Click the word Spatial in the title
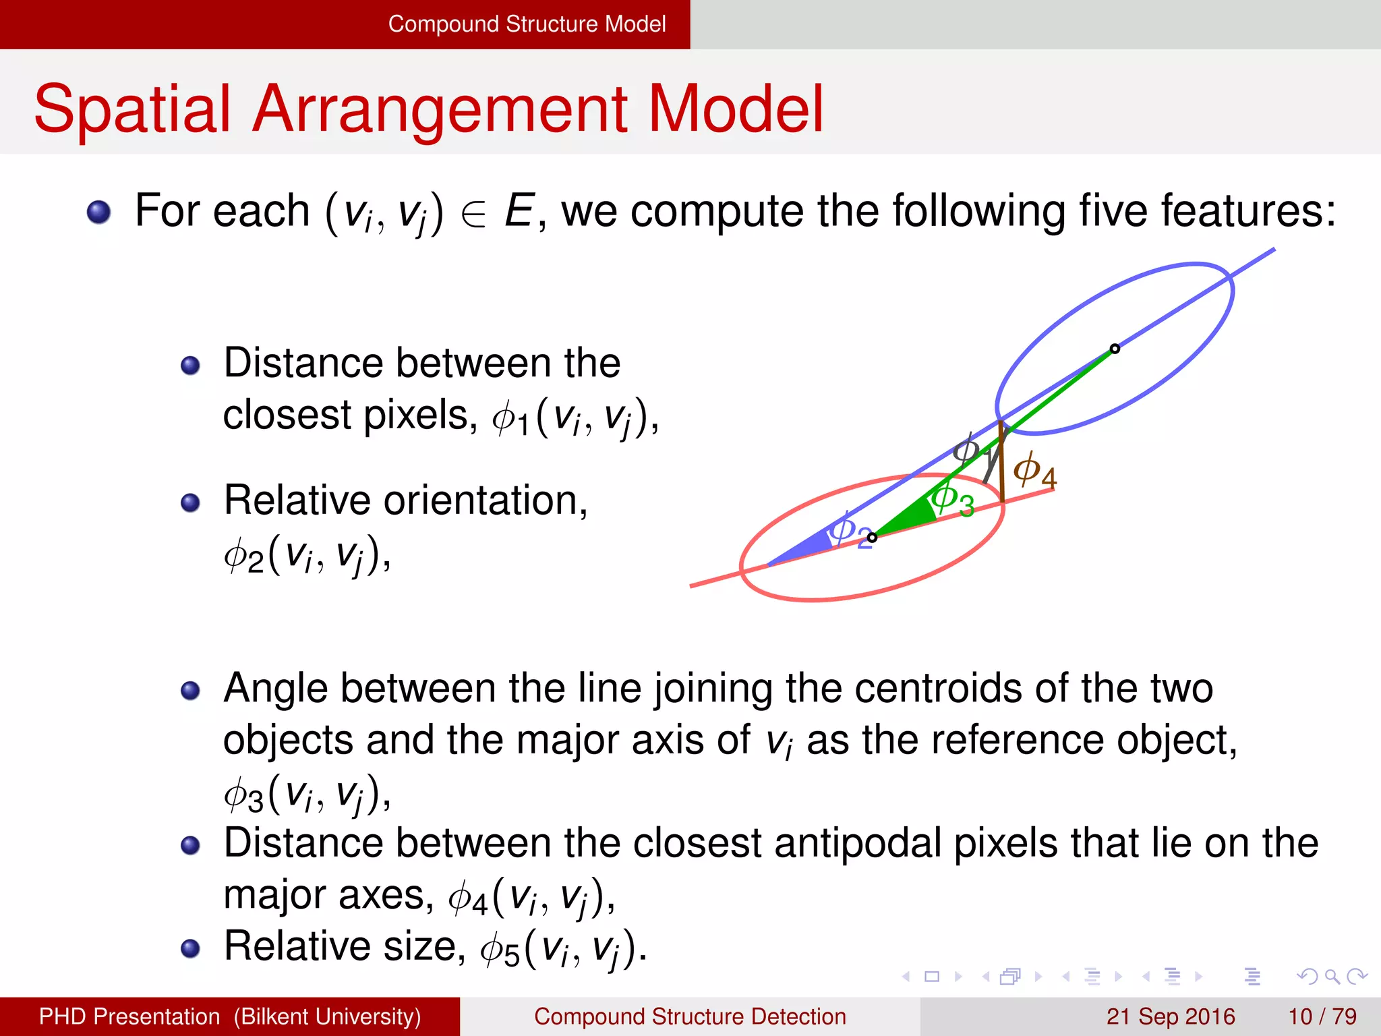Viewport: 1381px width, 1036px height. click(x=132, y=109)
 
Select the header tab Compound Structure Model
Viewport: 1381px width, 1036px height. click(x=527, y=24)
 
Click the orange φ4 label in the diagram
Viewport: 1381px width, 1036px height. click(x=1034, y=469)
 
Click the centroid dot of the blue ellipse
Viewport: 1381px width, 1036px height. click(x=1115, y=349)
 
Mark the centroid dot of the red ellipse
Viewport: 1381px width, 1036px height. click(x=872, y=538)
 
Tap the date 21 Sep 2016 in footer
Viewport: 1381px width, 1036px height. click(x=1170, y=1016)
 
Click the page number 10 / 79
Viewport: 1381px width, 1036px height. click(x=1322, y=1016)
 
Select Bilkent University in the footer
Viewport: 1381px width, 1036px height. click(x=328, y=1016)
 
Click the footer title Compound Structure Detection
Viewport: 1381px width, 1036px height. click(x=690, y=1016)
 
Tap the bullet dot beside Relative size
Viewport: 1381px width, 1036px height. click(x=191, y=948)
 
